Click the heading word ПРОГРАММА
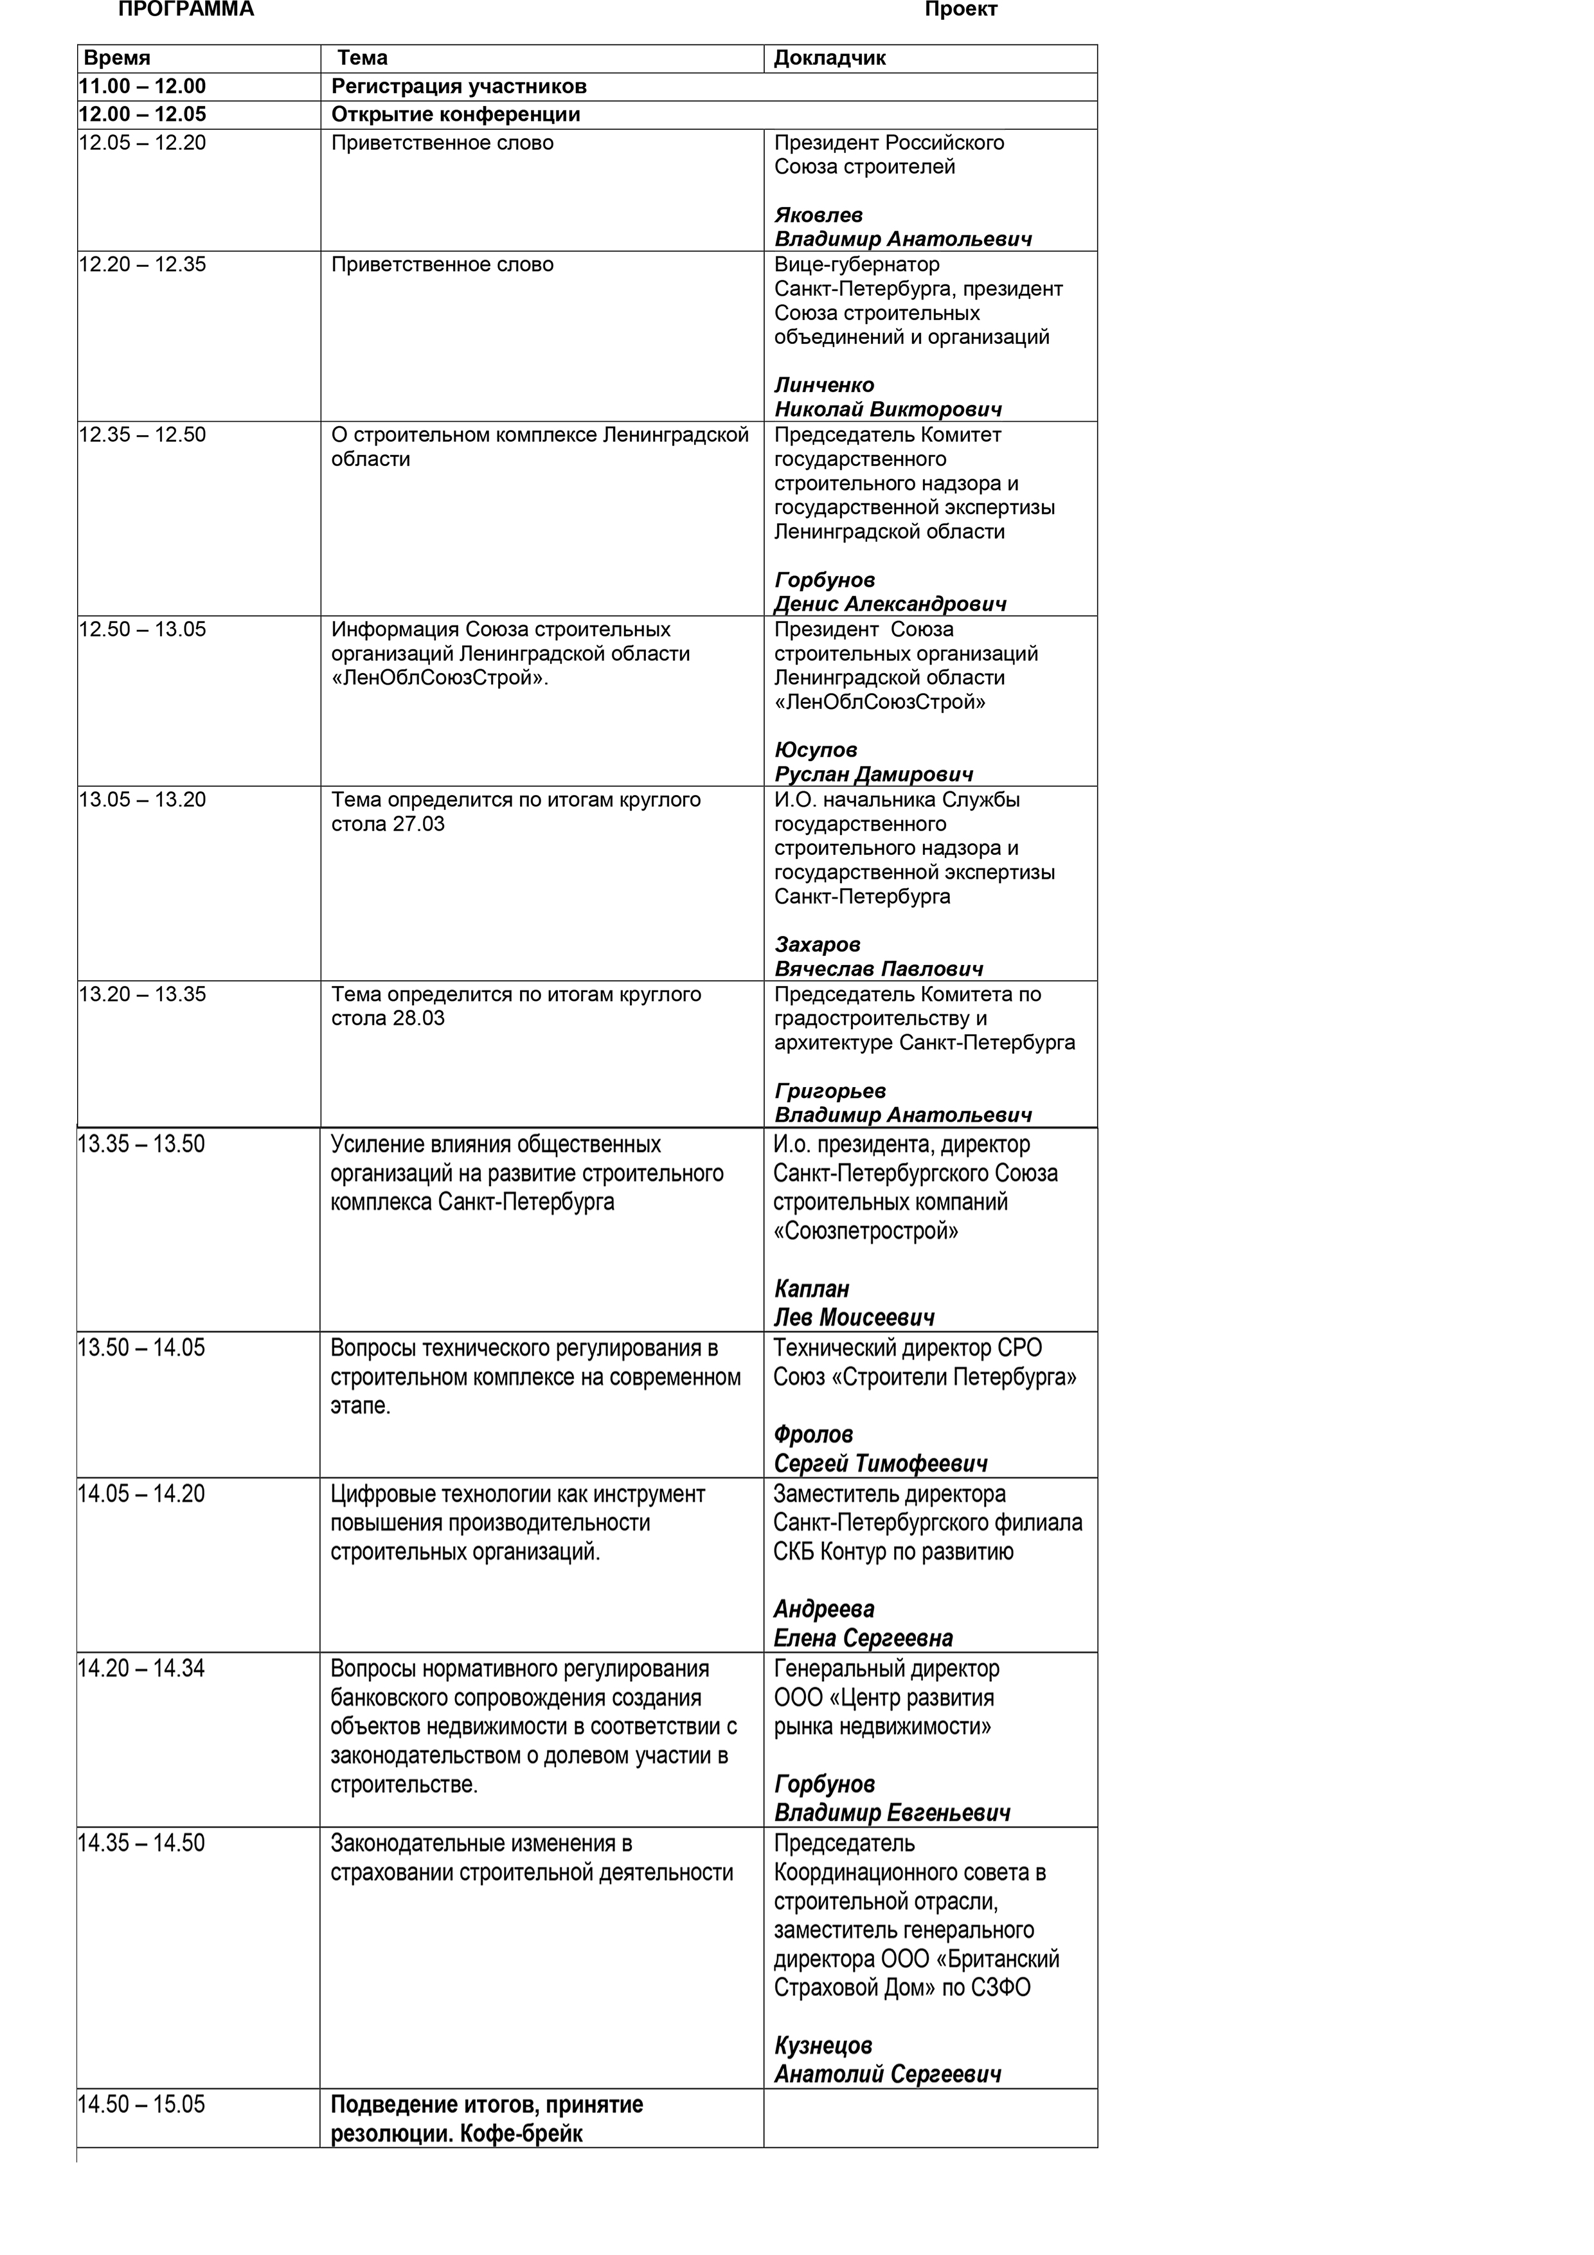click(x=186, y=10)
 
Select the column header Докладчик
click(x=829, y=58)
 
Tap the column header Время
click(x=117, y=58)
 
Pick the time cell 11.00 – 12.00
click(x=143, y=86)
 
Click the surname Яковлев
click(x=818, y=215)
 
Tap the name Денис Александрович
click(x=890, y=604)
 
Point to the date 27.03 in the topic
click(x=418, y=824)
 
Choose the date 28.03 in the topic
click(x=418, y=1018)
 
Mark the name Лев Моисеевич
click(x=854, y=1317)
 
